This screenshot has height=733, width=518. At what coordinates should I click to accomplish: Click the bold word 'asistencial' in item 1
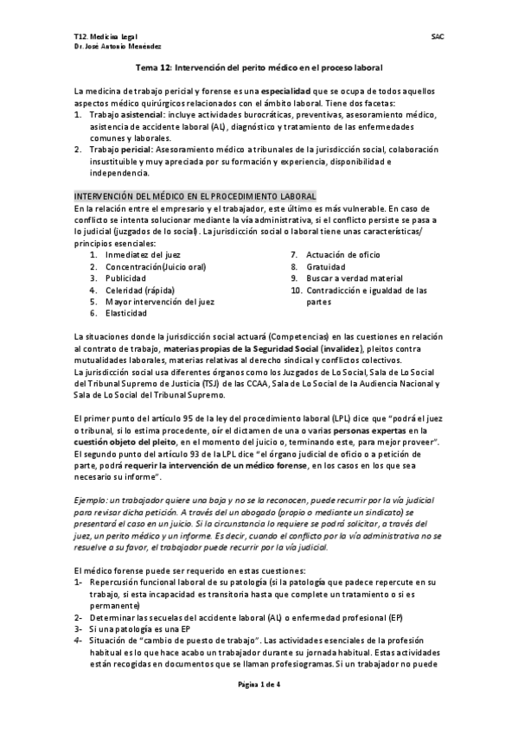tap(142, 114)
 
